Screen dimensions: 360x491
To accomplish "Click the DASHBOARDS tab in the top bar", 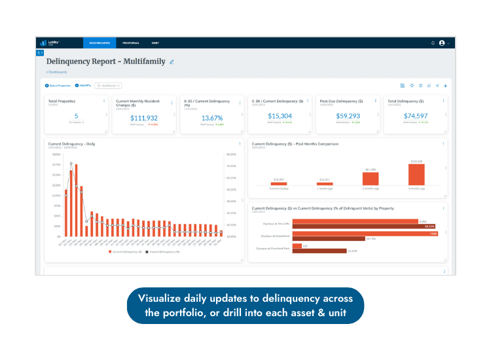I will [x=100, y=43].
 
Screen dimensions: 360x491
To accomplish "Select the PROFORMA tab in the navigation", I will [x=131, y=43].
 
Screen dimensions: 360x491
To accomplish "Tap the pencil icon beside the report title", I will [x=172, y=62].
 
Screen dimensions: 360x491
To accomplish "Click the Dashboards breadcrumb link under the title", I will [x=57, y=72].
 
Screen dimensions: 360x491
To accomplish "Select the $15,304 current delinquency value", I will [x=280, y=116].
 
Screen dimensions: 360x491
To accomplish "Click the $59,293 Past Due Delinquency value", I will [x=347, y=116].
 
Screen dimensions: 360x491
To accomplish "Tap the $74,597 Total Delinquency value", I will [x=415, y=116].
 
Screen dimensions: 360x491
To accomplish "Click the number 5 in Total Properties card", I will [x=76, y=116].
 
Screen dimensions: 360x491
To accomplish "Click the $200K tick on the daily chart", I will [x=56, y=154].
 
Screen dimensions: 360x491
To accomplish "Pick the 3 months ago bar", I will [x=416, y=174].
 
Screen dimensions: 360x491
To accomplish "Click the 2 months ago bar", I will [x=370, y=179].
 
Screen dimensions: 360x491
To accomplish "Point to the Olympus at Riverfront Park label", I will [x=272, y=249].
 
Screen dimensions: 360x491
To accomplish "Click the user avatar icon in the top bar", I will [x=441, y=43].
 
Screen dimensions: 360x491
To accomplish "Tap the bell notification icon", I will [x=433, y=43].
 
